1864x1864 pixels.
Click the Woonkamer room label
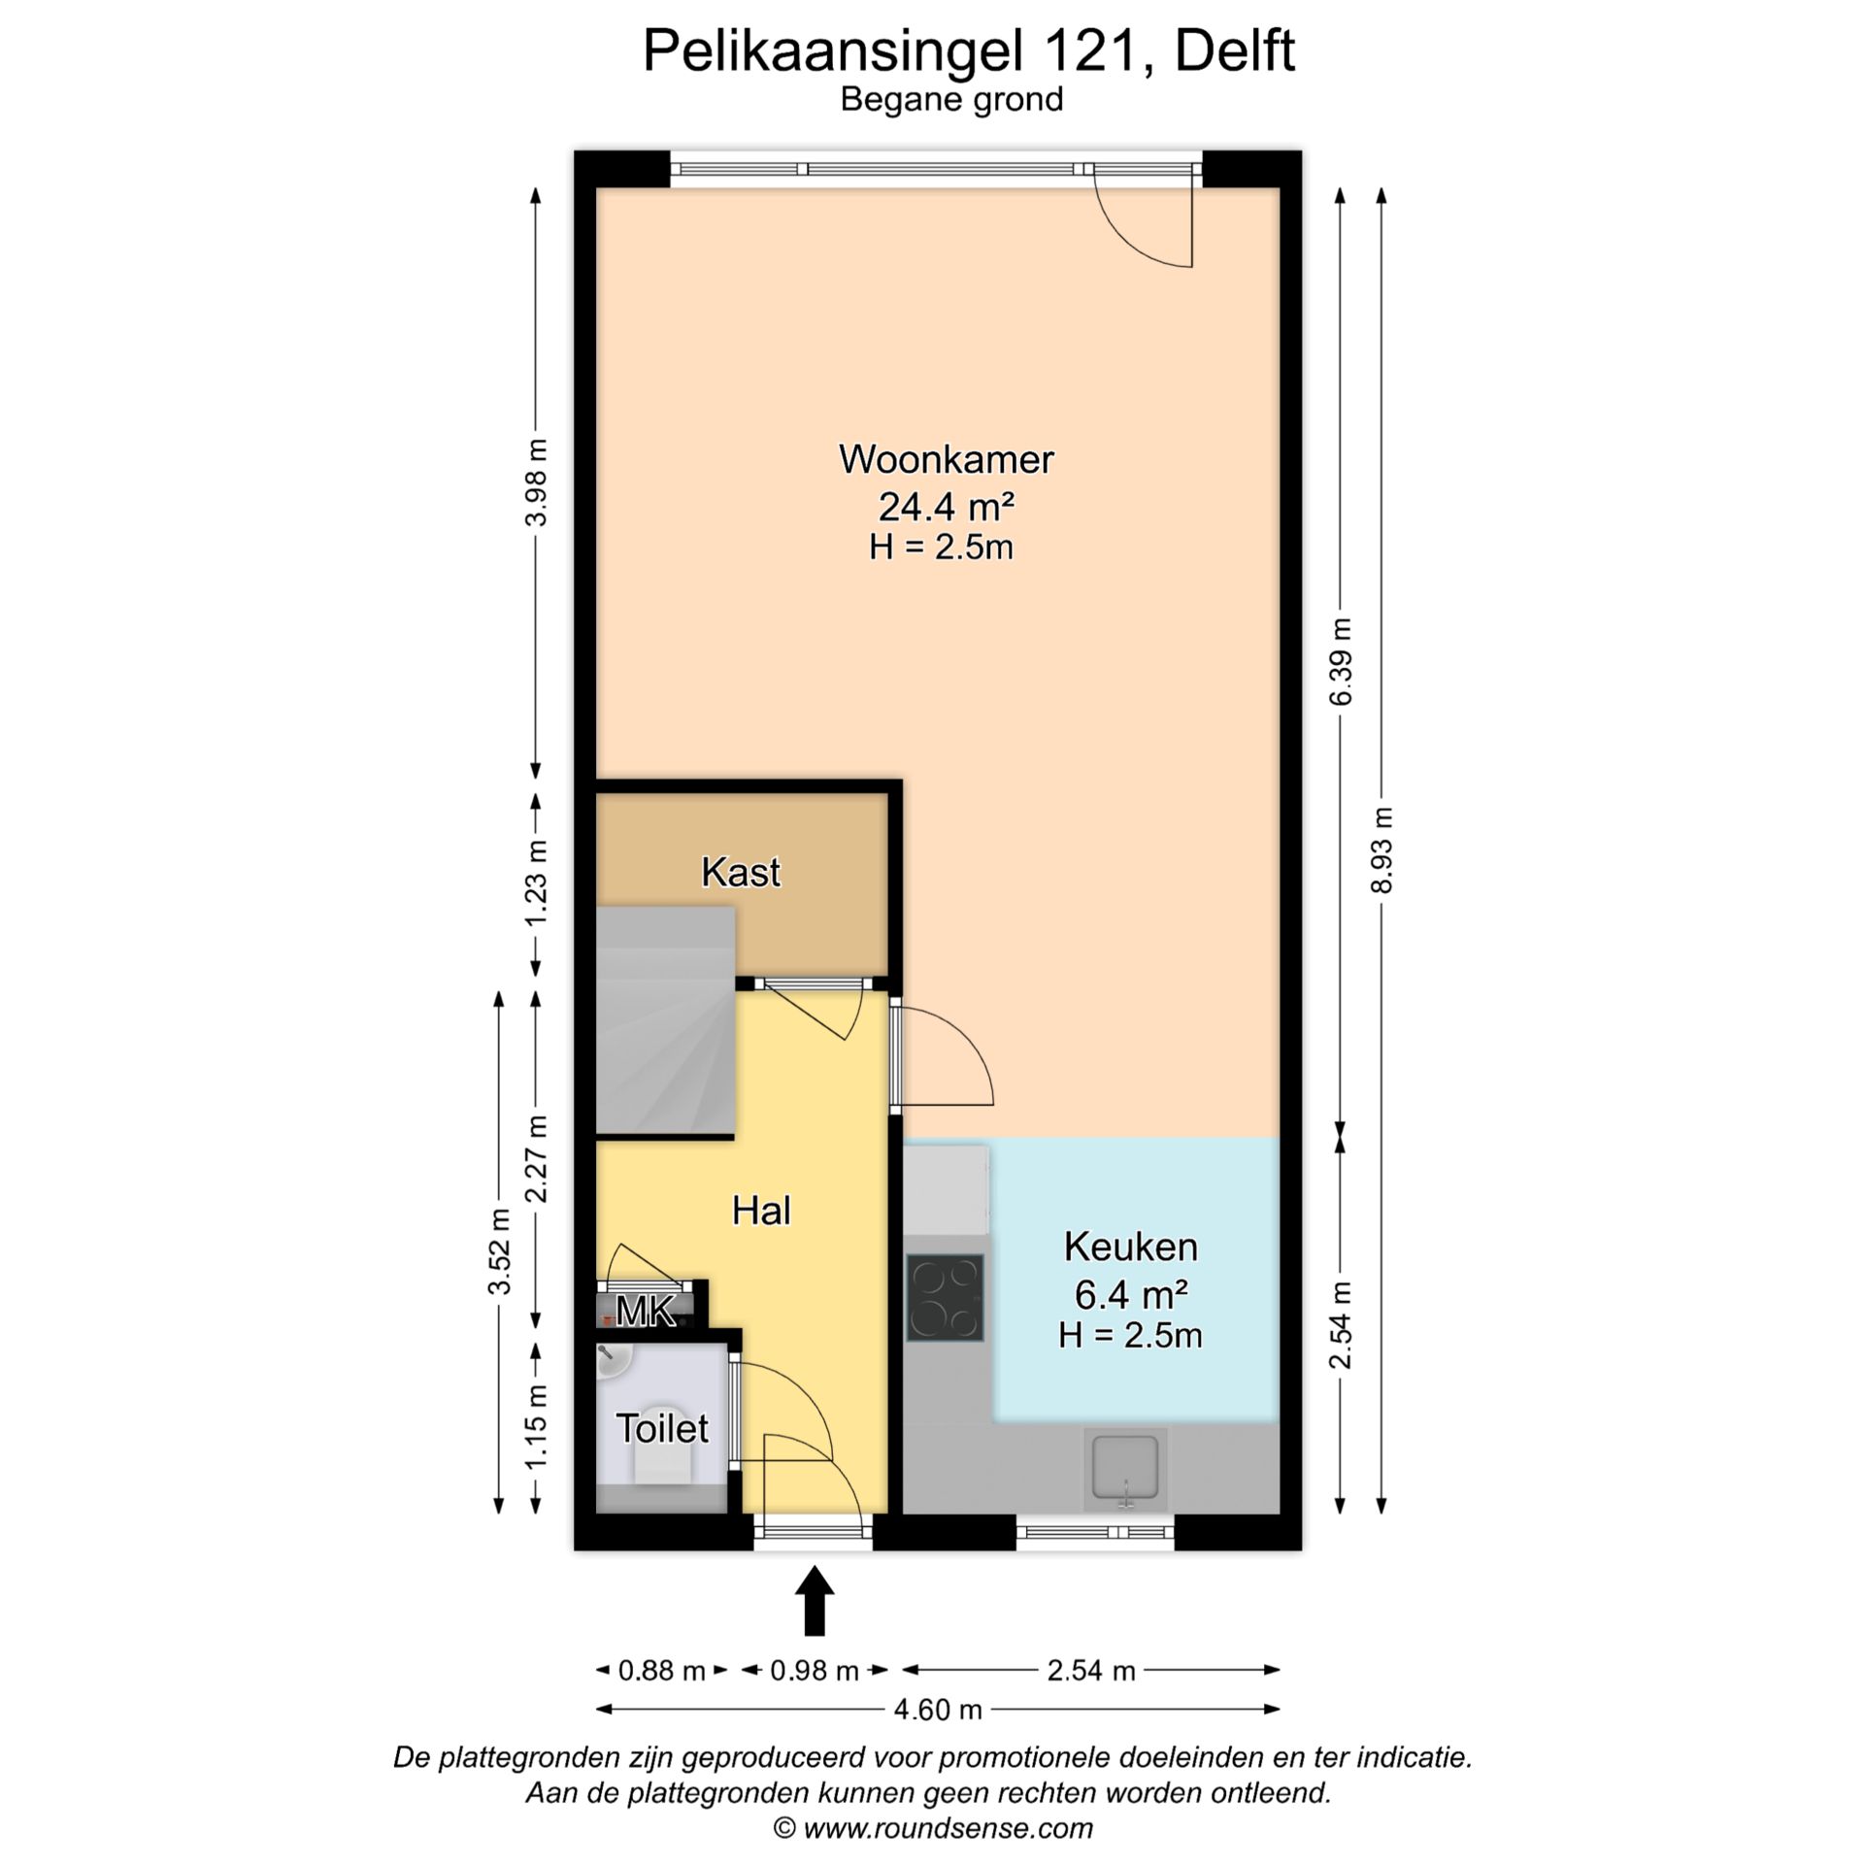pyautogui.click(x=946, y=459)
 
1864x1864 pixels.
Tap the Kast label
pyautogui.click(x=741, y=872)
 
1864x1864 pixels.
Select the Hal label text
pyautogui.click(x=761, y=1211)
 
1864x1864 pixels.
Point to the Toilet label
pyautogui.click(x=662, y=1428)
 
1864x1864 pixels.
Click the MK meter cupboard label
pyautogui.click(x=646, y=1313)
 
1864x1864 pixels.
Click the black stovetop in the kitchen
pyautogui.click(x=945, y=1298)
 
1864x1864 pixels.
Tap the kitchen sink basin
pyautogui.click(x=1125, y=1469)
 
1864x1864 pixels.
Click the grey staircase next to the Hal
pyautogui.click(x=665, y=1019)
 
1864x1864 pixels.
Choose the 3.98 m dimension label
pyautogui.click(x=536, y=483)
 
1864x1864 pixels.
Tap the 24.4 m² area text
pyautogui.click(x=946, y=506)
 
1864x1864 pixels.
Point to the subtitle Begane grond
pyautogui.click(x=951, y=100)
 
